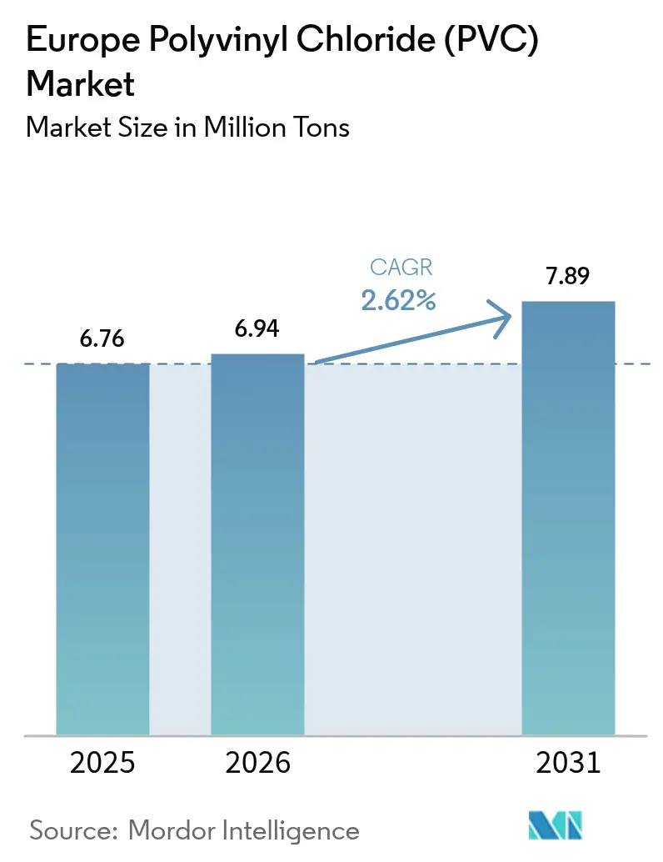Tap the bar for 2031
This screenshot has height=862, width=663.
[568, 518]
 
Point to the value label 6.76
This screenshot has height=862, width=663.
[102, 339]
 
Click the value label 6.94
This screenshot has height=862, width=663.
[257, 328]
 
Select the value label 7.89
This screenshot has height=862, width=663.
[568, 276]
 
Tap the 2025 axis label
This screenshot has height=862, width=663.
[102, 763]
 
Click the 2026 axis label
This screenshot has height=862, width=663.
[257, 763]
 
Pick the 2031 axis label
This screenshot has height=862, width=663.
[568, 763]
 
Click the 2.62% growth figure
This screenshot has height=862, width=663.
[398, 300]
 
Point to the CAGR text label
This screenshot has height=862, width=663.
[398, 268]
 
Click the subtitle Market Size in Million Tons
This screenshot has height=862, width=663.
[187, 128]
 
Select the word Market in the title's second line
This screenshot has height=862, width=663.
[81, 84]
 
